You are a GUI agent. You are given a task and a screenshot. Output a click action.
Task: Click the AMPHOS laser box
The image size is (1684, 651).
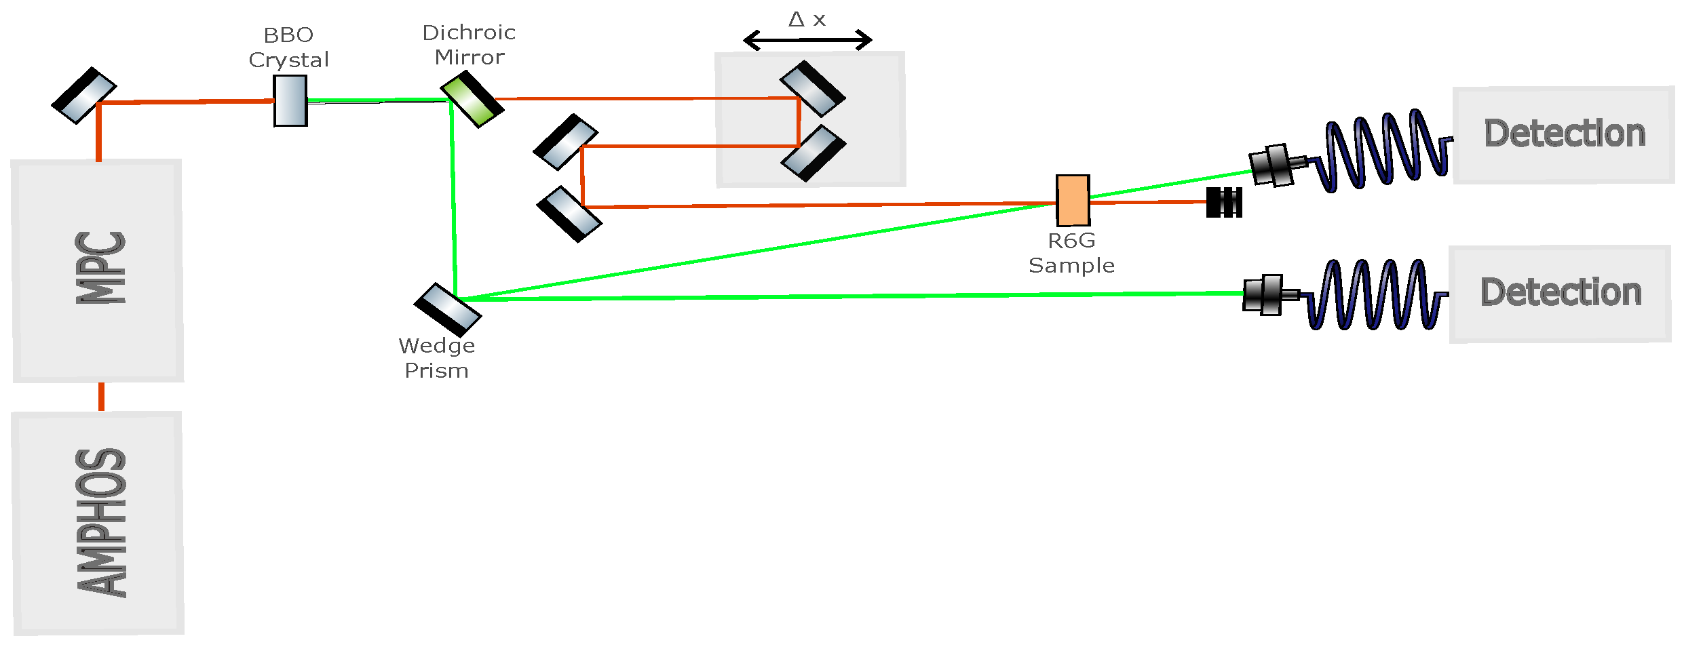(x=98, y=523)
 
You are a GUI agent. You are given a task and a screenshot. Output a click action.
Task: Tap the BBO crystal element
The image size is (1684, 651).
(x=290, y=100)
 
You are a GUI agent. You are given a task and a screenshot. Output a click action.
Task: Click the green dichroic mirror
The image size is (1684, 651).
(x=472, y=100)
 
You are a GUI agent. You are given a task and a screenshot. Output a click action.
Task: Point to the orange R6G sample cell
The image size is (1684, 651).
(x=1073, y=200)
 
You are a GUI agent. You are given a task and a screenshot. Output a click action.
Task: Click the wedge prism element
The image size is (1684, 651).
(x=448, y=310)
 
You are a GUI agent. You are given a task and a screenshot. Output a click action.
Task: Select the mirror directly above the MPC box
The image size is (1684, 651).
(x=84, y=95)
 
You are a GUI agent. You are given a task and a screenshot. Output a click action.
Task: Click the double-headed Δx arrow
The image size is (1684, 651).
(x=807, y=40)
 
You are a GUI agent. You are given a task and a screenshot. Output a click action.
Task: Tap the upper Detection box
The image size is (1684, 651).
(x=1563, y=134)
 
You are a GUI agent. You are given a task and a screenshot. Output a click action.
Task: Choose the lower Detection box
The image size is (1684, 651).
(x=1560, y=294)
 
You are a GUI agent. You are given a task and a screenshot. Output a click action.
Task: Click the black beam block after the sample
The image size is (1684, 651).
(x=1224, y=202)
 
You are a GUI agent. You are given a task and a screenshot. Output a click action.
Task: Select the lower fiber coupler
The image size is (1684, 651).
(x=1267, y=295)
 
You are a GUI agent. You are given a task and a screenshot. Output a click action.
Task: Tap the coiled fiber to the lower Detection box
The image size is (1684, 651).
(x=1374, y=295)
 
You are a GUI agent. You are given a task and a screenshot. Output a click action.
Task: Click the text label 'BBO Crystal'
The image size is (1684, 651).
(x=288, y=47)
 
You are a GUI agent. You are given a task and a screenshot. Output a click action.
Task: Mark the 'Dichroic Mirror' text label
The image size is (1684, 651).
(x=469, y=45)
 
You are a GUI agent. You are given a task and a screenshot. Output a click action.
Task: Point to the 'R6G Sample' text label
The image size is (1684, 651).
(x=1071, y=253)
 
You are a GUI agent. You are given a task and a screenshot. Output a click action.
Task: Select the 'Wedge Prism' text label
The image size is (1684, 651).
(x=437, y=358)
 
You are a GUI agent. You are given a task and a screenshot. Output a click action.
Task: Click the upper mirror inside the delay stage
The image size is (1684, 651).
(x=813, y=89)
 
